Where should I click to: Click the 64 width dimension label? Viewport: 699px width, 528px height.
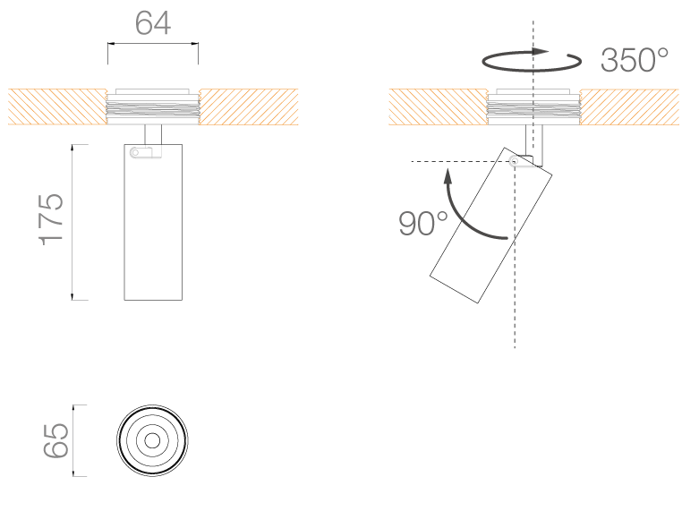153,23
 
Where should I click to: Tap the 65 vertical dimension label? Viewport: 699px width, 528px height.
55,440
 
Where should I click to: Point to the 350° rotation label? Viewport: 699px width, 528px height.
635,61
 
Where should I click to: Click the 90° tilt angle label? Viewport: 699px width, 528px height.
423,224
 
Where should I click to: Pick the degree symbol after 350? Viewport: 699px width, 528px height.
661,53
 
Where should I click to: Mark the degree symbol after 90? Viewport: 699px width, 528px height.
442,216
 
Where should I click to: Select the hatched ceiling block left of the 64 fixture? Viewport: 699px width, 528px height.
57,106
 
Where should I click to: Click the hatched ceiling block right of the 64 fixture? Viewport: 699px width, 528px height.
249,106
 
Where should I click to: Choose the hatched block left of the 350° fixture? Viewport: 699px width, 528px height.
438,106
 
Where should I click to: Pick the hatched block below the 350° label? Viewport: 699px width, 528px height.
629,106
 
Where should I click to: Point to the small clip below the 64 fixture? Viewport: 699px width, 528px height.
144,154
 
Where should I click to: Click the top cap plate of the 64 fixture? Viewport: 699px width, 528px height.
153,91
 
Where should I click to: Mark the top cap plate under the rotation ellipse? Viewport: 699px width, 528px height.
533,92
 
